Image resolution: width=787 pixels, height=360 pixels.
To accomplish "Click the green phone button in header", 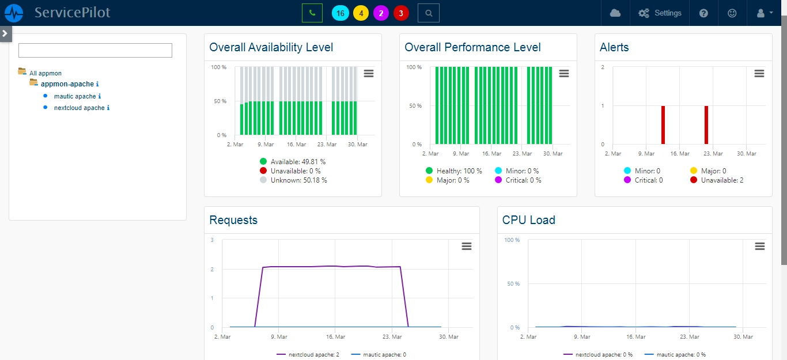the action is (x=312, y=13).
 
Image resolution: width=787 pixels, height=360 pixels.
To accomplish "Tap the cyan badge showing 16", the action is (x=340, y=13).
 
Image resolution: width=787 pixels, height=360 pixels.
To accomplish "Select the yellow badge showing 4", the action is (x=361, y=13).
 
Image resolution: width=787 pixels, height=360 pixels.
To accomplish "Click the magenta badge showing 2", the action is (x=381, y=13).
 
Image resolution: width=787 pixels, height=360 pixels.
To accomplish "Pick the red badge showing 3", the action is (x=401, y=13).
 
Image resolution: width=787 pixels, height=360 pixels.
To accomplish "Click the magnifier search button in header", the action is (x=428, y=13).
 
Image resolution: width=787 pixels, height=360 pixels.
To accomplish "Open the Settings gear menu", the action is (x=660, y=13).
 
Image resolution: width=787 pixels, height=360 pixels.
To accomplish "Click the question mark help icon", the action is (x=703, y=13).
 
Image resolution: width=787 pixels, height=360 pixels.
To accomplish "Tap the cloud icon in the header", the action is (x=615, y=13).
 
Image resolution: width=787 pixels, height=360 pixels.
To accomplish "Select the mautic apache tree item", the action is (x=75, y=96).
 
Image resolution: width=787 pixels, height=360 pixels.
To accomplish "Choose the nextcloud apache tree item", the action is (x=79, y=108).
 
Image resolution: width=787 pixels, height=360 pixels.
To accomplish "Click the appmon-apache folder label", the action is (x=67, y=84).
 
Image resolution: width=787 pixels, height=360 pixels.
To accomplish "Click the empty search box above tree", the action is (x=95, y=50).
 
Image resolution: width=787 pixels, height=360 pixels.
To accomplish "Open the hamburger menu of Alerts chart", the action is (x=759, y=73).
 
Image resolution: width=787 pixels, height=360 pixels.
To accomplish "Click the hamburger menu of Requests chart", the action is (x=467, y=246).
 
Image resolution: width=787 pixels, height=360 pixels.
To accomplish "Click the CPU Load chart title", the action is (x=528, y=220).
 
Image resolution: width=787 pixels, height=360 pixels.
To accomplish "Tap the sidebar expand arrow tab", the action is (x=5, y=33).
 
